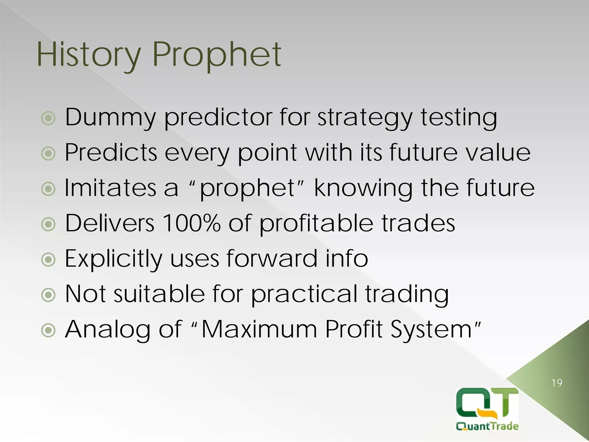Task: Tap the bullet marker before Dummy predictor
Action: [48, 118]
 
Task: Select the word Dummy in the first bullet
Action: [110, 117]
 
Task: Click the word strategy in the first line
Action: [365, 118]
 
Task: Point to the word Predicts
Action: [111, 153]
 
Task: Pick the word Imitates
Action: [110, 188]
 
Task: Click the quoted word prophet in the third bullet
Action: [247, 189]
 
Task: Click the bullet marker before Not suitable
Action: [48, 295]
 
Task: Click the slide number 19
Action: [557, 383]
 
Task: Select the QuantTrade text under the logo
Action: [487, 426]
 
